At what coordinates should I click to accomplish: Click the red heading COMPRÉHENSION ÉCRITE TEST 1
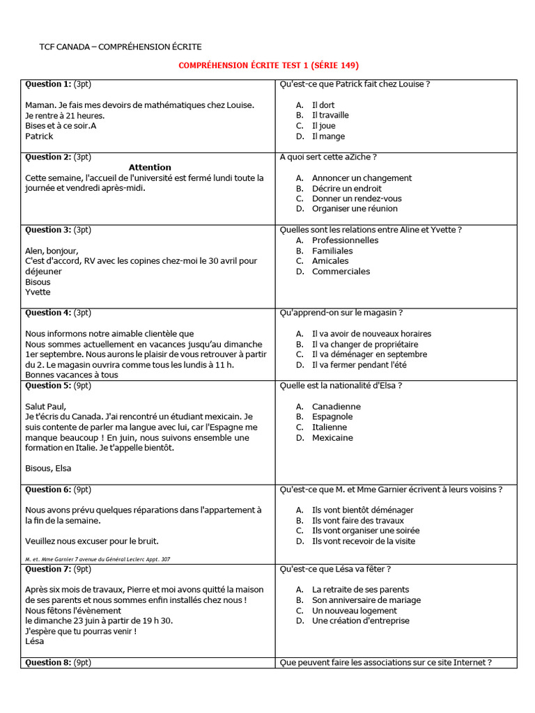click(x=268, y=65)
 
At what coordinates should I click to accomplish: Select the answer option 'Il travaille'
click(x=330, y=116)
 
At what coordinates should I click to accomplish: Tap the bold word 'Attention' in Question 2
click(x=150, y=168)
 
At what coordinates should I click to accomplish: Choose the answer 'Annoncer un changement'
click(x=362, y=178)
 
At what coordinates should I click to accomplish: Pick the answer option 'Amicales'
click(x=330, y=261)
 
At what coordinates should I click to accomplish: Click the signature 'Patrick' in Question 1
click(x=39, y=136)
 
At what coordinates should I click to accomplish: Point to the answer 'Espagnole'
click(x=332, y=417)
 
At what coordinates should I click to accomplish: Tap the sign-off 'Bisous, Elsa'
click(x=48, y=469)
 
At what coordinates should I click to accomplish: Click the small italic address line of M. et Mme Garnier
click(x=98, y=559)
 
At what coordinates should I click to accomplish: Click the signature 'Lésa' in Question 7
click(x=35, y=641)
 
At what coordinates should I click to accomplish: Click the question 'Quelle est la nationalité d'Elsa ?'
click(x=341, y=386)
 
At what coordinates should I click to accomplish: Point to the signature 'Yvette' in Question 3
click(x=38, y=292)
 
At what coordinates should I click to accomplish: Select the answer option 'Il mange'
click(x=328, y=136)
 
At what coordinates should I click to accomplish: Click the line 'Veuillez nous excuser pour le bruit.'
click(x=92, y=541)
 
